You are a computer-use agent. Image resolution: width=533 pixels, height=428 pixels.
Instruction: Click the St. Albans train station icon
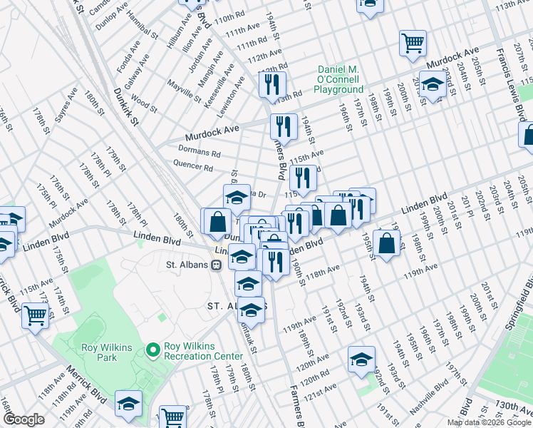coord(215,265)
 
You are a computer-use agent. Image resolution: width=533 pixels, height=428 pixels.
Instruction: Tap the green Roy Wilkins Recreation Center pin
coord(152,350)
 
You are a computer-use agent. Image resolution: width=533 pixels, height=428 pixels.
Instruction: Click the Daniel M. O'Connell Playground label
coord(341,78)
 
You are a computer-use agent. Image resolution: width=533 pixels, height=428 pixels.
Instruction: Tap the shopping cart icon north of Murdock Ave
coord(413,43)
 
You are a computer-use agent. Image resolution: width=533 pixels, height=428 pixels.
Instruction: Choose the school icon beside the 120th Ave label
coord(361,359)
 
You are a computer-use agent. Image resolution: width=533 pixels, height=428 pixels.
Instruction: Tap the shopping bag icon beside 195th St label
coord(385,243)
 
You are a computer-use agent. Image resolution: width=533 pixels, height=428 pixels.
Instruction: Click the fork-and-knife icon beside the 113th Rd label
coord(272,85)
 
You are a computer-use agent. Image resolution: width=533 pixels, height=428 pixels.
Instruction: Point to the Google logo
coord(24,419)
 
